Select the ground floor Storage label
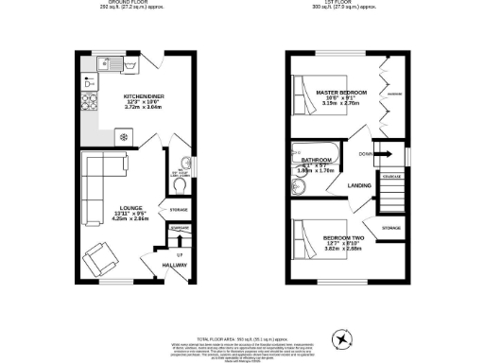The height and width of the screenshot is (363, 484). (x=178, y=209)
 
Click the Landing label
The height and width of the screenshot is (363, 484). (x=359, y=185)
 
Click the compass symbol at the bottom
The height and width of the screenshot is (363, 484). (x=340, y=337)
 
